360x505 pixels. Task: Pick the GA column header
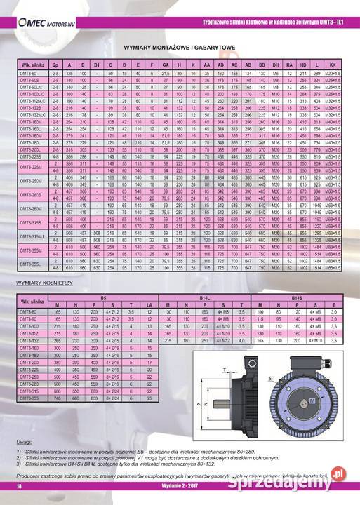click(166, 65)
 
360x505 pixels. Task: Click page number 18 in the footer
click(20, 487)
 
